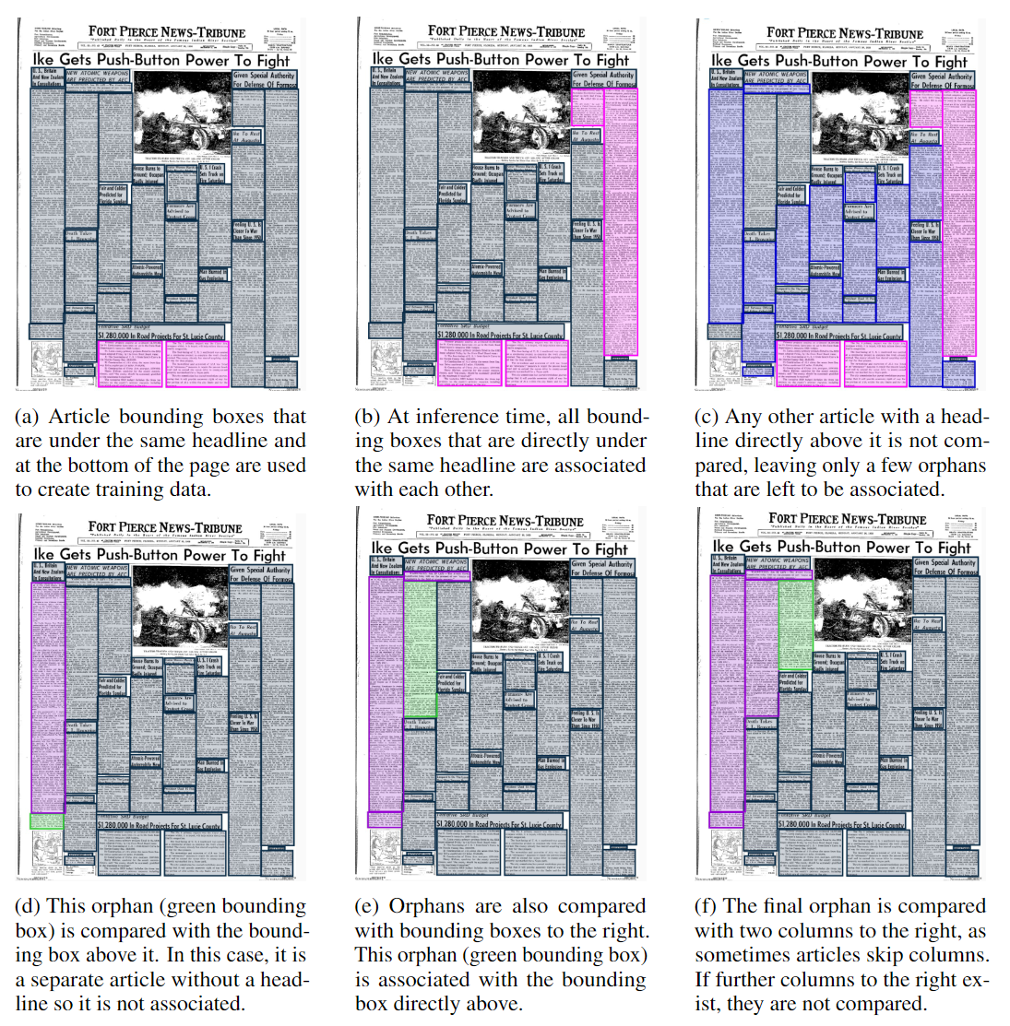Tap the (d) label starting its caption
28,907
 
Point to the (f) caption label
706,907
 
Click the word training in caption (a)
158,490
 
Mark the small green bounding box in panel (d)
47,820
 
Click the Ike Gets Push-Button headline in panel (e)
499,548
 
